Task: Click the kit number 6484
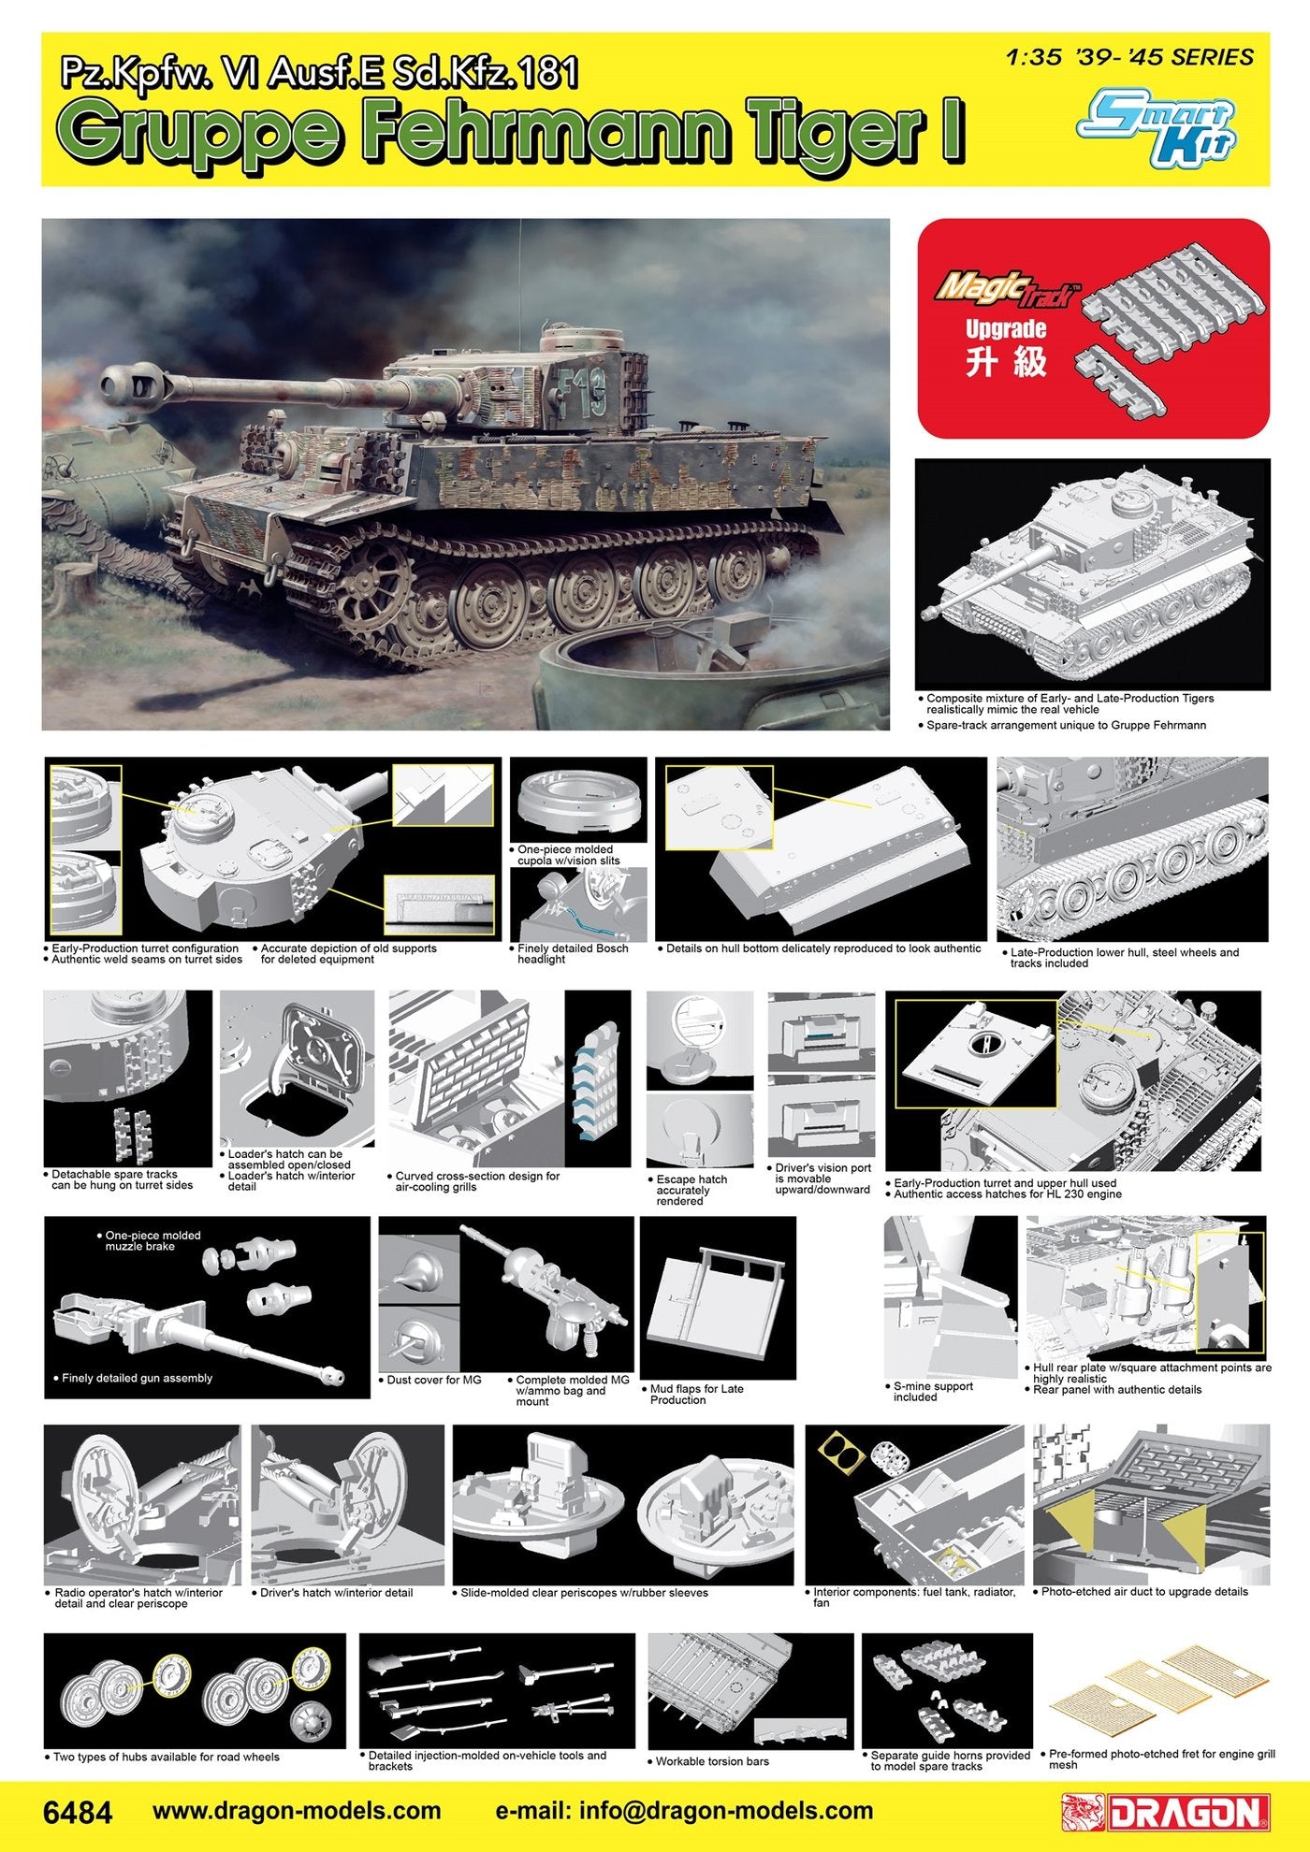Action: point(77,1812)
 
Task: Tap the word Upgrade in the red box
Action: point(1006,330)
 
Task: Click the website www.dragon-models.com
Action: point(296,1811)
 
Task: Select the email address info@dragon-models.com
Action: point(683,1811)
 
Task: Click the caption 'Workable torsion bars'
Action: point(711,1761)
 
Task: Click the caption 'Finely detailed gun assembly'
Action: point(137,1378)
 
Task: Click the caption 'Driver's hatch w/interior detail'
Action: point(336,1592)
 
